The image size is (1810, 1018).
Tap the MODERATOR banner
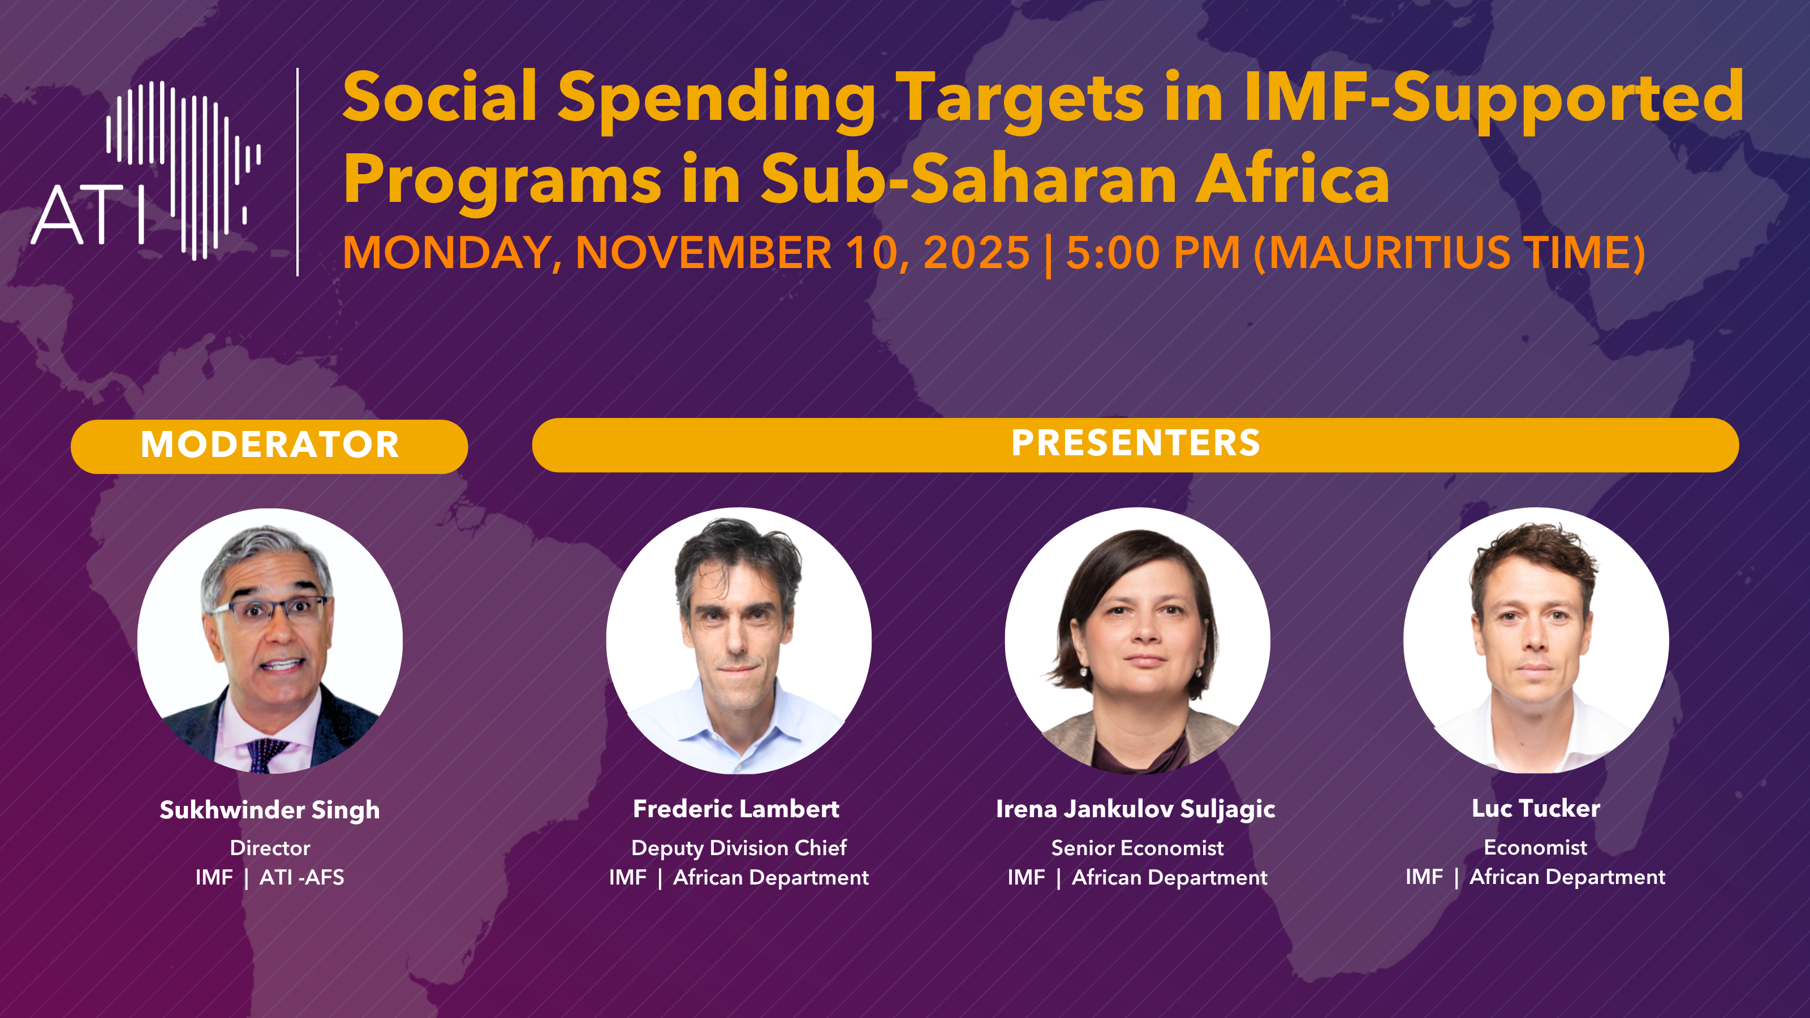[269, 446]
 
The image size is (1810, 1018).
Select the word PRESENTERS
[1135, 443]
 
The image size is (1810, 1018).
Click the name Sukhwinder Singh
[270, 810]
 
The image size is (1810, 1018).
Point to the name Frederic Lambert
[736, 809]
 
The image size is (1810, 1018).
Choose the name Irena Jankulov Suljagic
[1135, 809]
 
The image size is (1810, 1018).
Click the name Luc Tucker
[1536, 808]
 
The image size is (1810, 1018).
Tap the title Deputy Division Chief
[739, 848]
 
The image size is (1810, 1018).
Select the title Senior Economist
[1137, 848]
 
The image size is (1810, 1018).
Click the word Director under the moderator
[270, 848]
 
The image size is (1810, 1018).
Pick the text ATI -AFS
[302, 878]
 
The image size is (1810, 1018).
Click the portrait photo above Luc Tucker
[1536, 641]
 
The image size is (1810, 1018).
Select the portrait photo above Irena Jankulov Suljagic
[1137, 641]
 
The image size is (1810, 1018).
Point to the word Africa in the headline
[1293, 179]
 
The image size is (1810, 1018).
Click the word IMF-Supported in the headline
[1494, 100]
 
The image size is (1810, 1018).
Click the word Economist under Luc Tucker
[1535, 847]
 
